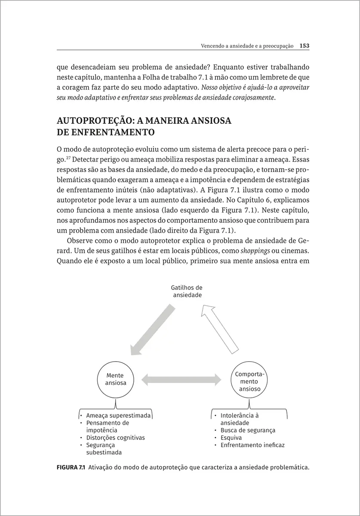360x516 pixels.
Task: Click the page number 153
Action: [305, 45]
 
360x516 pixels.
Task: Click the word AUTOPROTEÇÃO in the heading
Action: [95, 121]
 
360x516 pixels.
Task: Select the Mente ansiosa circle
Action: [116, 379]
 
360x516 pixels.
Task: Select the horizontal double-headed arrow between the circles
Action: [182, 379]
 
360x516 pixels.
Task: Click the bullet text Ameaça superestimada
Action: [118, 416]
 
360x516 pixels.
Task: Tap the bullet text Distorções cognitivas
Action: [115, 438]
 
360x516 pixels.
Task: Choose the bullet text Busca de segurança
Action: [248, 430]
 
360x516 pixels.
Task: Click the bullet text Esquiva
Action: [231, 438]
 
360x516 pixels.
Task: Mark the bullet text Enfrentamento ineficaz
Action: [252, 445]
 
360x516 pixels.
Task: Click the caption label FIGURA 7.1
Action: [71, 467]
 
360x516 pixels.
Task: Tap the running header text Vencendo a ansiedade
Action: [228, 46]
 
